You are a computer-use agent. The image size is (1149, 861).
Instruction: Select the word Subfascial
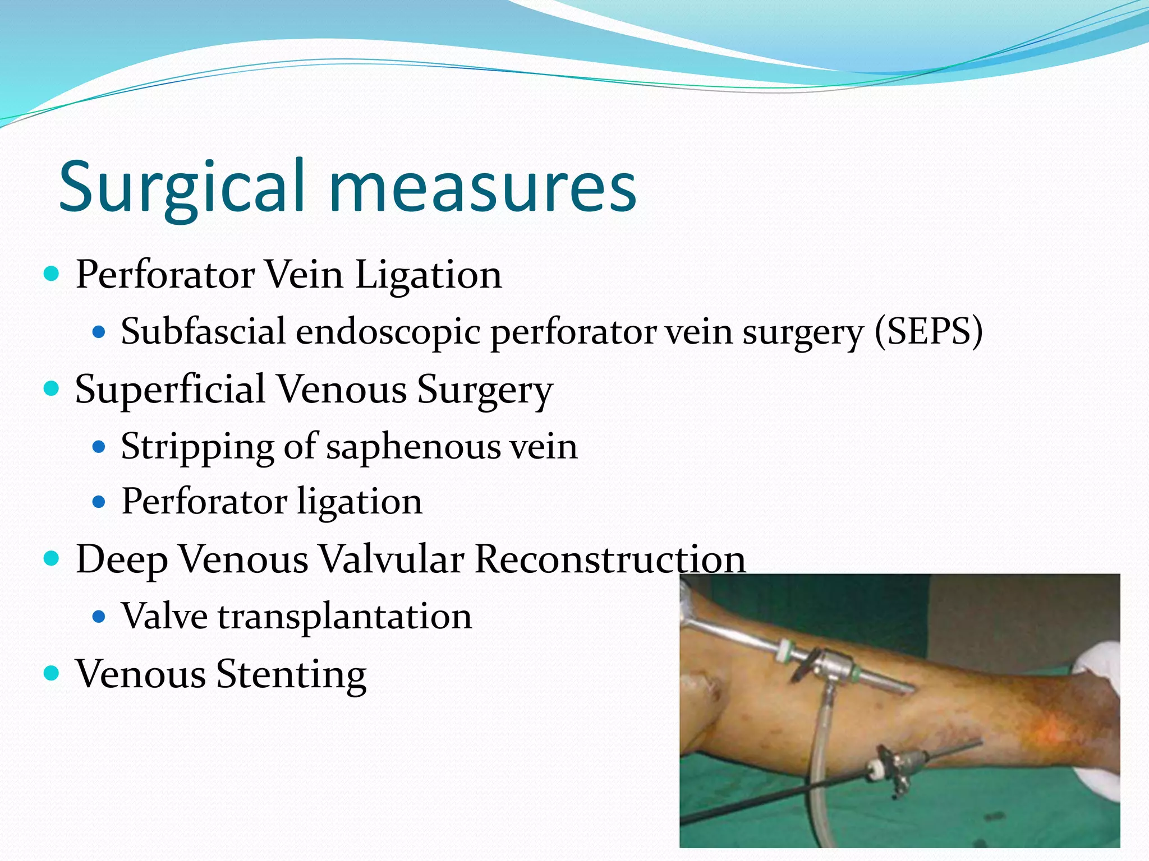[x=204, y=331]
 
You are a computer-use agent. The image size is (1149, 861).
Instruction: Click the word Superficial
[x=171, y=389]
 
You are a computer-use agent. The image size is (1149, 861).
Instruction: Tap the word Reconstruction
[x=610, y=559]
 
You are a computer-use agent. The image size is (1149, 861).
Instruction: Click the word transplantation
[x=345, y=617]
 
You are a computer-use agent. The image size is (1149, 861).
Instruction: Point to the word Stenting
[x=291, y=674]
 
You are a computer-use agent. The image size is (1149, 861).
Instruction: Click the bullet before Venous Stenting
[x=51, y=672]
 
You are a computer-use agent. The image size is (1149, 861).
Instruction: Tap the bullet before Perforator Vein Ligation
[x=51, y=274]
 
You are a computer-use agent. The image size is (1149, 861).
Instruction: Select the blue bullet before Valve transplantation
[x=99, y=617]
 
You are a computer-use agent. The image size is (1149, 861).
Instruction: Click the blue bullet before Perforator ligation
[x=99, y=501]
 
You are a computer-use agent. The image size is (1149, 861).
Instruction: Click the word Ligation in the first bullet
[x=429, y=275]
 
